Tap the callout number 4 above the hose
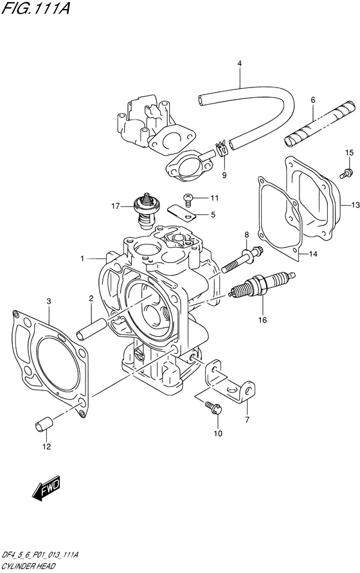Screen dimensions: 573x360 (239, 64)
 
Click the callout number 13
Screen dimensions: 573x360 (354, 205)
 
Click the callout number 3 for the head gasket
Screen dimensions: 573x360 (48, 300)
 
